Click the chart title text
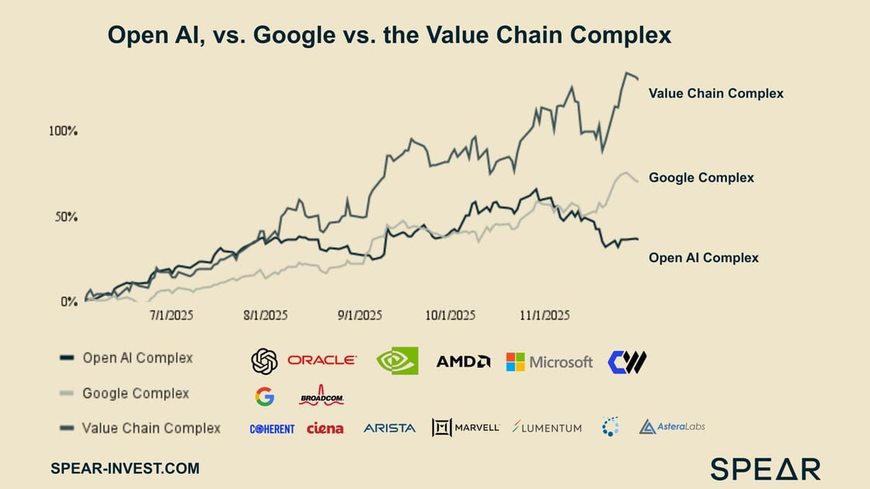tap(388, 36)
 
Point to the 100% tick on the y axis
tap(63, 131)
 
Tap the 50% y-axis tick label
tap(65, 217)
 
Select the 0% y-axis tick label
tap(69, 301)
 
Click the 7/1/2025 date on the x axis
tap(172, 315)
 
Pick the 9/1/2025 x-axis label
tap(360, 315)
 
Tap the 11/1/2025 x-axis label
tap(545, 315)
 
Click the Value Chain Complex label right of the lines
tap(715, 93)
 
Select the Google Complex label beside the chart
tap(701, 178)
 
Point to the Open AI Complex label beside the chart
tap(703, 258)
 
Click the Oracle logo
tap(322, 360)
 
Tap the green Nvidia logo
tap(397, 361)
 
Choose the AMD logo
tap(463, 361)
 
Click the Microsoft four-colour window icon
tap(515, 362)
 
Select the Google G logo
tap(264, 397)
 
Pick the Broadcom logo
tap(321, 397)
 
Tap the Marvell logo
tap(465, 428)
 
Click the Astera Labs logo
tap(672, 427)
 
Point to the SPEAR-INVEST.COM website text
tap(124, 468)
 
